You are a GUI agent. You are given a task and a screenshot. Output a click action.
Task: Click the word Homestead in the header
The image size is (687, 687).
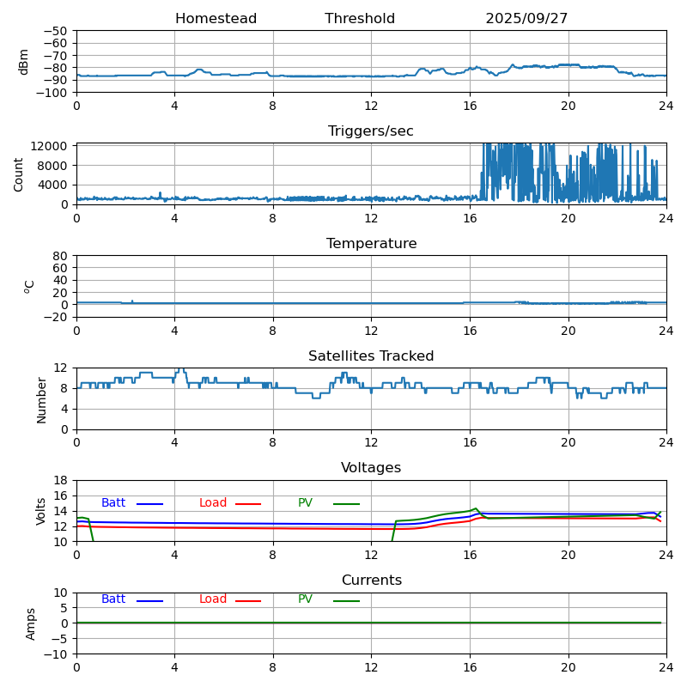pyautogui.click(x=216, y=19)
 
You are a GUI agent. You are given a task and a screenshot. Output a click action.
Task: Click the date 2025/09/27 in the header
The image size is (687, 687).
pyautogui.click(x=526, y=19)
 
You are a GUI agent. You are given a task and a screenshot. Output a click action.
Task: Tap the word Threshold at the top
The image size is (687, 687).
pyautogui.click(x=360, y=19)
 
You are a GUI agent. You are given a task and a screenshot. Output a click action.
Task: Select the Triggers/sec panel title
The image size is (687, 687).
pyautogui.click(x=371, y=131)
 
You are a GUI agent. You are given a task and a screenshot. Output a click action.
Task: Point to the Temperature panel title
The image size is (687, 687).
pyautogui.click(x=371, y=244)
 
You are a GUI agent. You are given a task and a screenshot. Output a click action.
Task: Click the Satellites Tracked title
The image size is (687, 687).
pyautogui.click(x=371, y=356)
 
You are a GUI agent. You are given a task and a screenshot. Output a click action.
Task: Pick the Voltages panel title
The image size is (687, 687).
pyautogui.click(x=371, y=468)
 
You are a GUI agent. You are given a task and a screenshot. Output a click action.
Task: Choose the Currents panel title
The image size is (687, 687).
pyautogui.click(x=371, y=581)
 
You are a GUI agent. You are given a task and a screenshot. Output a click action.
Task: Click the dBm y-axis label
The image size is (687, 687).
pyautogui.click(x=24, y=61)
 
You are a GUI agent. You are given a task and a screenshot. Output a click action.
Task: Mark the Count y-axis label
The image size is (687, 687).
pyautogui.click(x=19, y=173)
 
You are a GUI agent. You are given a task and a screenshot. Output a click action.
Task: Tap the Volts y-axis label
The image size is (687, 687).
pyautogui.click(x=41, y=511)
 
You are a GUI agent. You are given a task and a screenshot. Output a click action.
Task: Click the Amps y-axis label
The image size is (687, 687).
pyautogui.click(x=31, y=623)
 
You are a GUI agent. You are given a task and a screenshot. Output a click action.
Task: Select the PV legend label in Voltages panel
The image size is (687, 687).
pyautogui.click(x=305, y=503)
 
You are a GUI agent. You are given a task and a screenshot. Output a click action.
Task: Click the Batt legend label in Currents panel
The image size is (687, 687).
pyautogui.click(x=113, y=599)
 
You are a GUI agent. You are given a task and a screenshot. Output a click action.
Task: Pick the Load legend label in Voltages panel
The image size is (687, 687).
pyautogui.click(x=213, y=503)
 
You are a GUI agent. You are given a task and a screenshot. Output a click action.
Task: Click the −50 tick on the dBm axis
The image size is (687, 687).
pyautogui.click(x=55, y=31)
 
